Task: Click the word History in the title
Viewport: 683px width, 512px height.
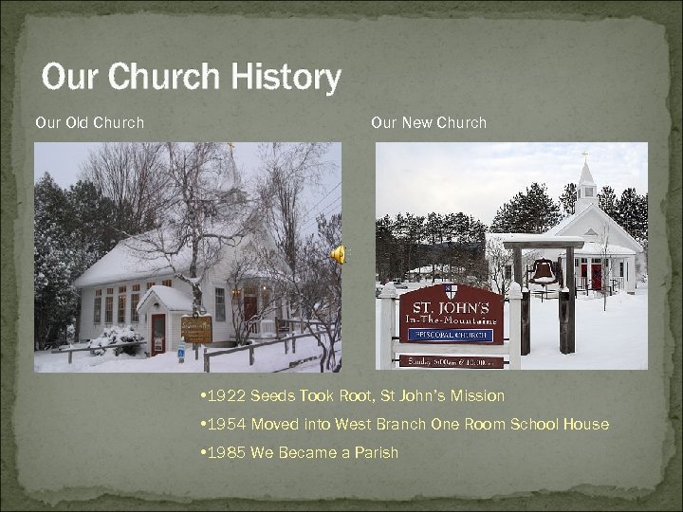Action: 285,78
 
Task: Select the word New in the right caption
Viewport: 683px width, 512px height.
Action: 417,122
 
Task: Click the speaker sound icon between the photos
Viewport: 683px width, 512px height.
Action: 338,254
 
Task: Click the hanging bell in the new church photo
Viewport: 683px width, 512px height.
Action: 544,271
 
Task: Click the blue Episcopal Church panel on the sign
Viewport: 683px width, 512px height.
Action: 451,335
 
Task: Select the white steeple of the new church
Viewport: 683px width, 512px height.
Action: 586,180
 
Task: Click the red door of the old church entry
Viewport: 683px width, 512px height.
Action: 158,333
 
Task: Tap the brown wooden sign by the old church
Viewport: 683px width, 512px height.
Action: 196,329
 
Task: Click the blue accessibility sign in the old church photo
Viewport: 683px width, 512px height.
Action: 180,352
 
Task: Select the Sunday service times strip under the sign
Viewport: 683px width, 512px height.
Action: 451,360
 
